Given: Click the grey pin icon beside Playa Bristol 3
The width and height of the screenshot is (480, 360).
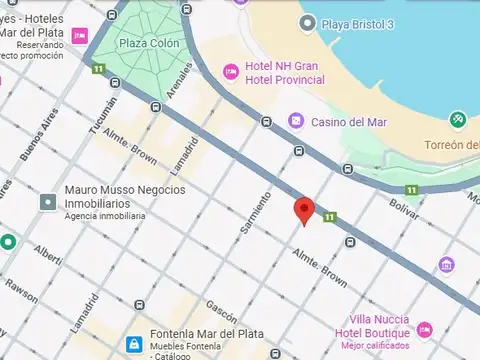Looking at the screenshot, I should (x=307, y=22).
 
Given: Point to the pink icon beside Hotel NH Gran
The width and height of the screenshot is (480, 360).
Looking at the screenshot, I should (x=229, y=72).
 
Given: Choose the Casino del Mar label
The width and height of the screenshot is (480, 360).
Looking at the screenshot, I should (x=349, y=122).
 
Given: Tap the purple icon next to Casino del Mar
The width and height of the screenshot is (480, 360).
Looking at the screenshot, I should (x=296, y=121).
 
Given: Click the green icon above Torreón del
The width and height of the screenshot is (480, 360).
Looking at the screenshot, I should (x=458, y=119).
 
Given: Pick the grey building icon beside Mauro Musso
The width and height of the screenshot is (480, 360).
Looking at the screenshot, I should (x=47, y=202).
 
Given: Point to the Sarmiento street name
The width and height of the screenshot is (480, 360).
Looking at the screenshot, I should (x=255, y=212).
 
